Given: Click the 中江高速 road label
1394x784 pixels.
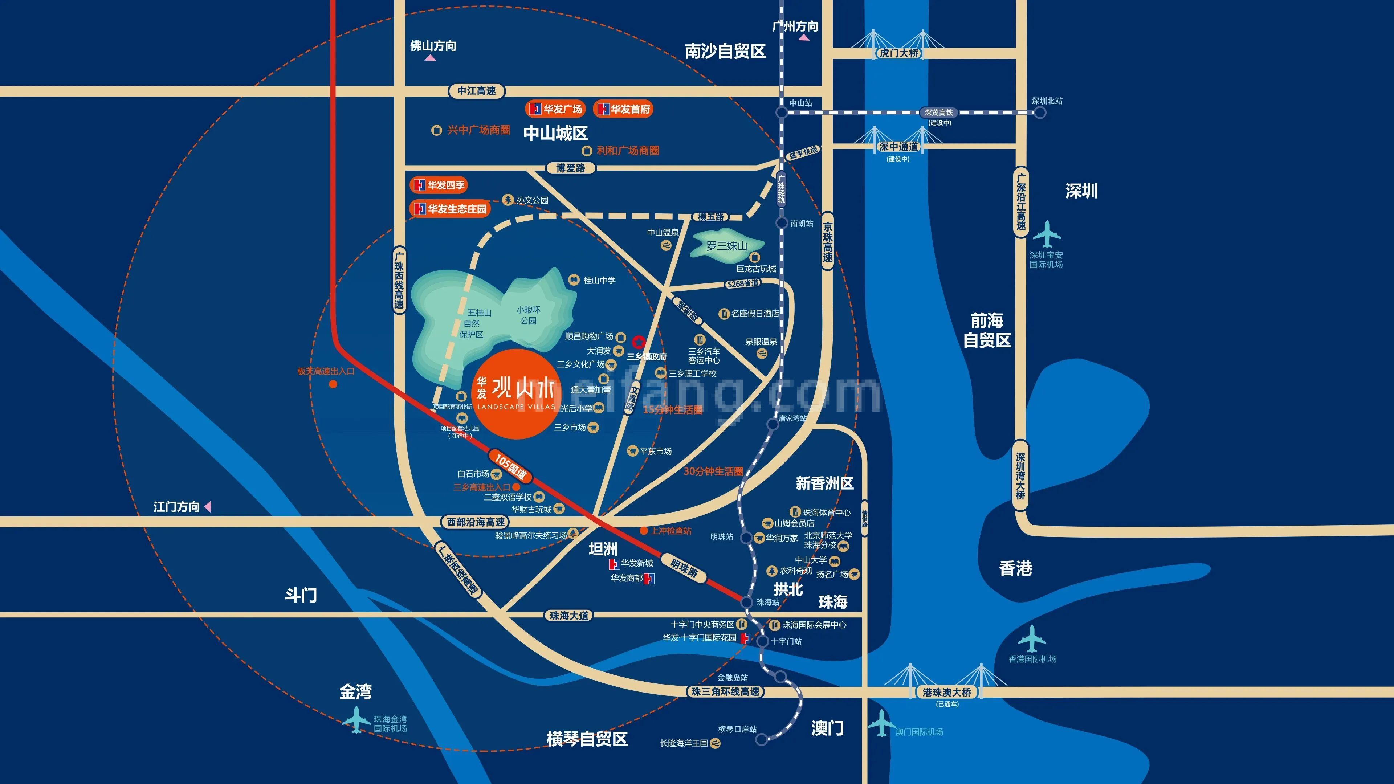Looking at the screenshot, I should tap(476, 91).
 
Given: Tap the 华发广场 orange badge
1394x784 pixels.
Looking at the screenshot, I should tap(556, 109).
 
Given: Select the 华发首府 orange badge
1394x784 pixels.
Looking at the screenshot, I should tap(623, 109).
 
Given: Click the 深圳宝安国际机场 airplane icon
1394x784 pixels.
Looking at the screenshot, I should tap(1047, 234).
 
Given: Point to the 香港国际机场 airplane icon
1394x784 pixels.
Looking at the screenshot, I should tap(1031, 639).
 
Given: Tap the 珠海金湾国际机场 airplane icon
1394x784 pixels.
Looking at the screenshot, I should tap(356, 720).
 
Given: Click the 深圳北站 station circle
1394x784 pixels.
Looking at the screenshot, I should tap(1040, 113).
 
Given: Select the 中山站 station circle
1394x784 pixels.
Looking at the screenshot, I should tap(782, 113).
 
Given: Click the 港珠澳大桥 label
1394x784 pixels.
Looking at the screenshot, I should tap(946, 692).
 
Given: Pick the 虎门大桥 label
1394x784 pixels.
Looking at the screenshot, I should tap(899, 53).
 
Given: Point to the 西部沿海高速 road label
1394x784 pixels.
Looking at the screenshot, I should tap(476, 522).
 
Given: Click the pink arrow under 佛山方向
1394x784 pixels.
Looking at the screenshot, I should tap(430, 57).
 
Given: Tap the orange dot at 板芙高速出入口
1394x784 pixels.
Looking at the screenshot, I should tap(333, 384).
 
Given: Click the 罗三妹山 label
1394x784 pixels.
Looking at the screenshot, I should tap(726, 246).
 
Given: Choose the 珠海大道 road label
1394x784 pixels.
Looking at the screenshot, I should tap(569, 616).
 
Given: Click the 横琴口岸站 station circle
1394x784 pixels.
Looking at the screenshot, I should tap(761, 739).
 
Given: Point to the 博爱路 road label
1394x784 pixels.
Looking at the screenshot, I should tap(570, 168).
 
